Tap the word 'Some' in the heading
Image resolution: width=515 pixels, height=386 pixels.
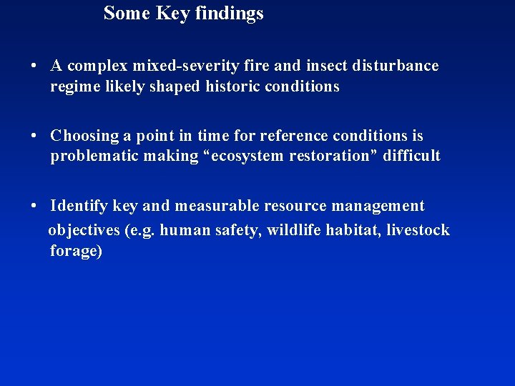pos(126,13)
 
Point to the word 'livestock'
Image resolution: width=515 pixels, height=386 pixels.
pos(418,230)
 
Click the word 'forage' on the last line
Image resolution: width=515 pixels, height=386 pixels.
pos(74,252)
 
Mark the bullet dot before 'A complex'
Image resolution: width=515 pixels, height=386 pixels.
pos(34,66)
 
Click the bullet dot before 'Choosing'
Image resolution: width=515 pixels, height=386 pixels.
pos(34,136)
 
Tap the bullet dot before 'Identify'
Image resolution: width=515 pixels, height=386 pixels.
pos(34,207)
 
